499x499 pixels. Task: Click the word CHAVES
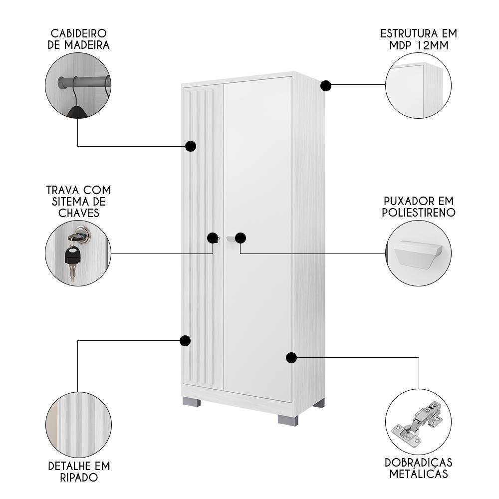tap(78, 213)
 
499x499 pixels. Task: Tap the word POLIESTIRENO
tap(419, 213)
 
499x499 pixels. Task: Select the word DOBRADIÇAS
tap(419, 463)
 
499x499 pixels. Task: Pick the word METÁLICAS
tap(419, 474)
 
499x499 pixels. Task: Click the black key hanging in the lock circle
tap(72, 257)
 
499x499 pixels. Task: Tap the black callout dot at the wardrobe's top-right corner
tap(326, 85)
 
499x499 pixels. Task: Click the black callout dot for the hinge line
tap(291, 357)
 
